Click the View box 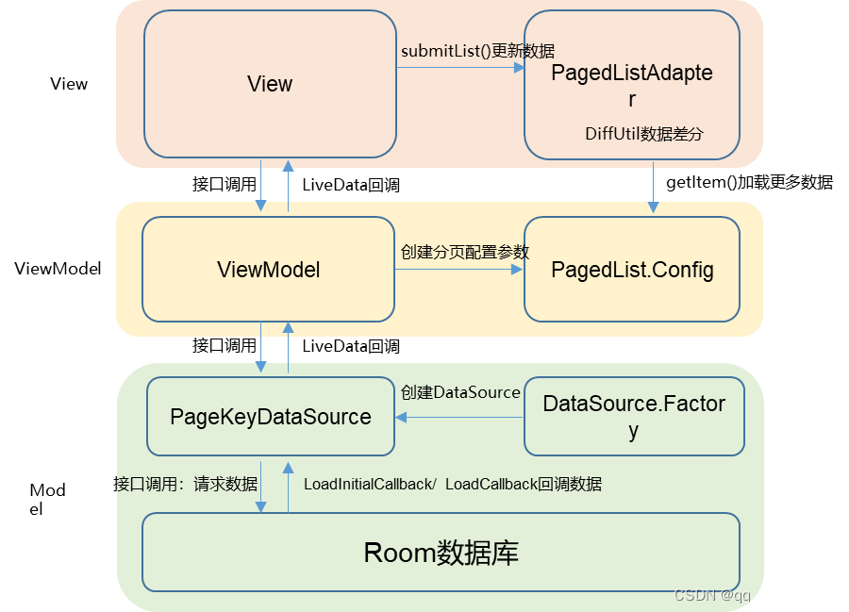coord(270,84)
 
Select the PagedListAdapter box coord(631,85)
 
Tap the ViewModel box coord(268,271)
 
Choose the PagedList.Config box coord(631,271)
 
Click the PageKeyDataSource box coord(270,417)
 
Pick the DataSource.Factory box coord(634,416)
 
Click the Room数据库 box coord(441,553)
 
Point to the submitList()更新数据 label coord(477,51)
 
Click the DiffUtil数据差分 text coord(644,134)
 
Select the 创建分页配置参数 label coord(464,252)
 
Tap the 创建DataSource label coord(460,392)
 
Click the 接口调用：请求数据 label coord(187,484)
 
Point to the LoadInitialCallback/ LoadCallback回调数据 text coord(453,484)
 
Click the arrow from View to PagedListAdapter coord(460,68)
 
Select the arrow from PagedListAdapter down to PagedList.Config coord(653,186)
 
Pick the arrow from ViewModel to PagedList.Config coord(458,270)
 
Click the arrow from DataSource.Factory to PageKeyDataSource coord(459,417)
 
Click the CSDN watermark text coord(754,595)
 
